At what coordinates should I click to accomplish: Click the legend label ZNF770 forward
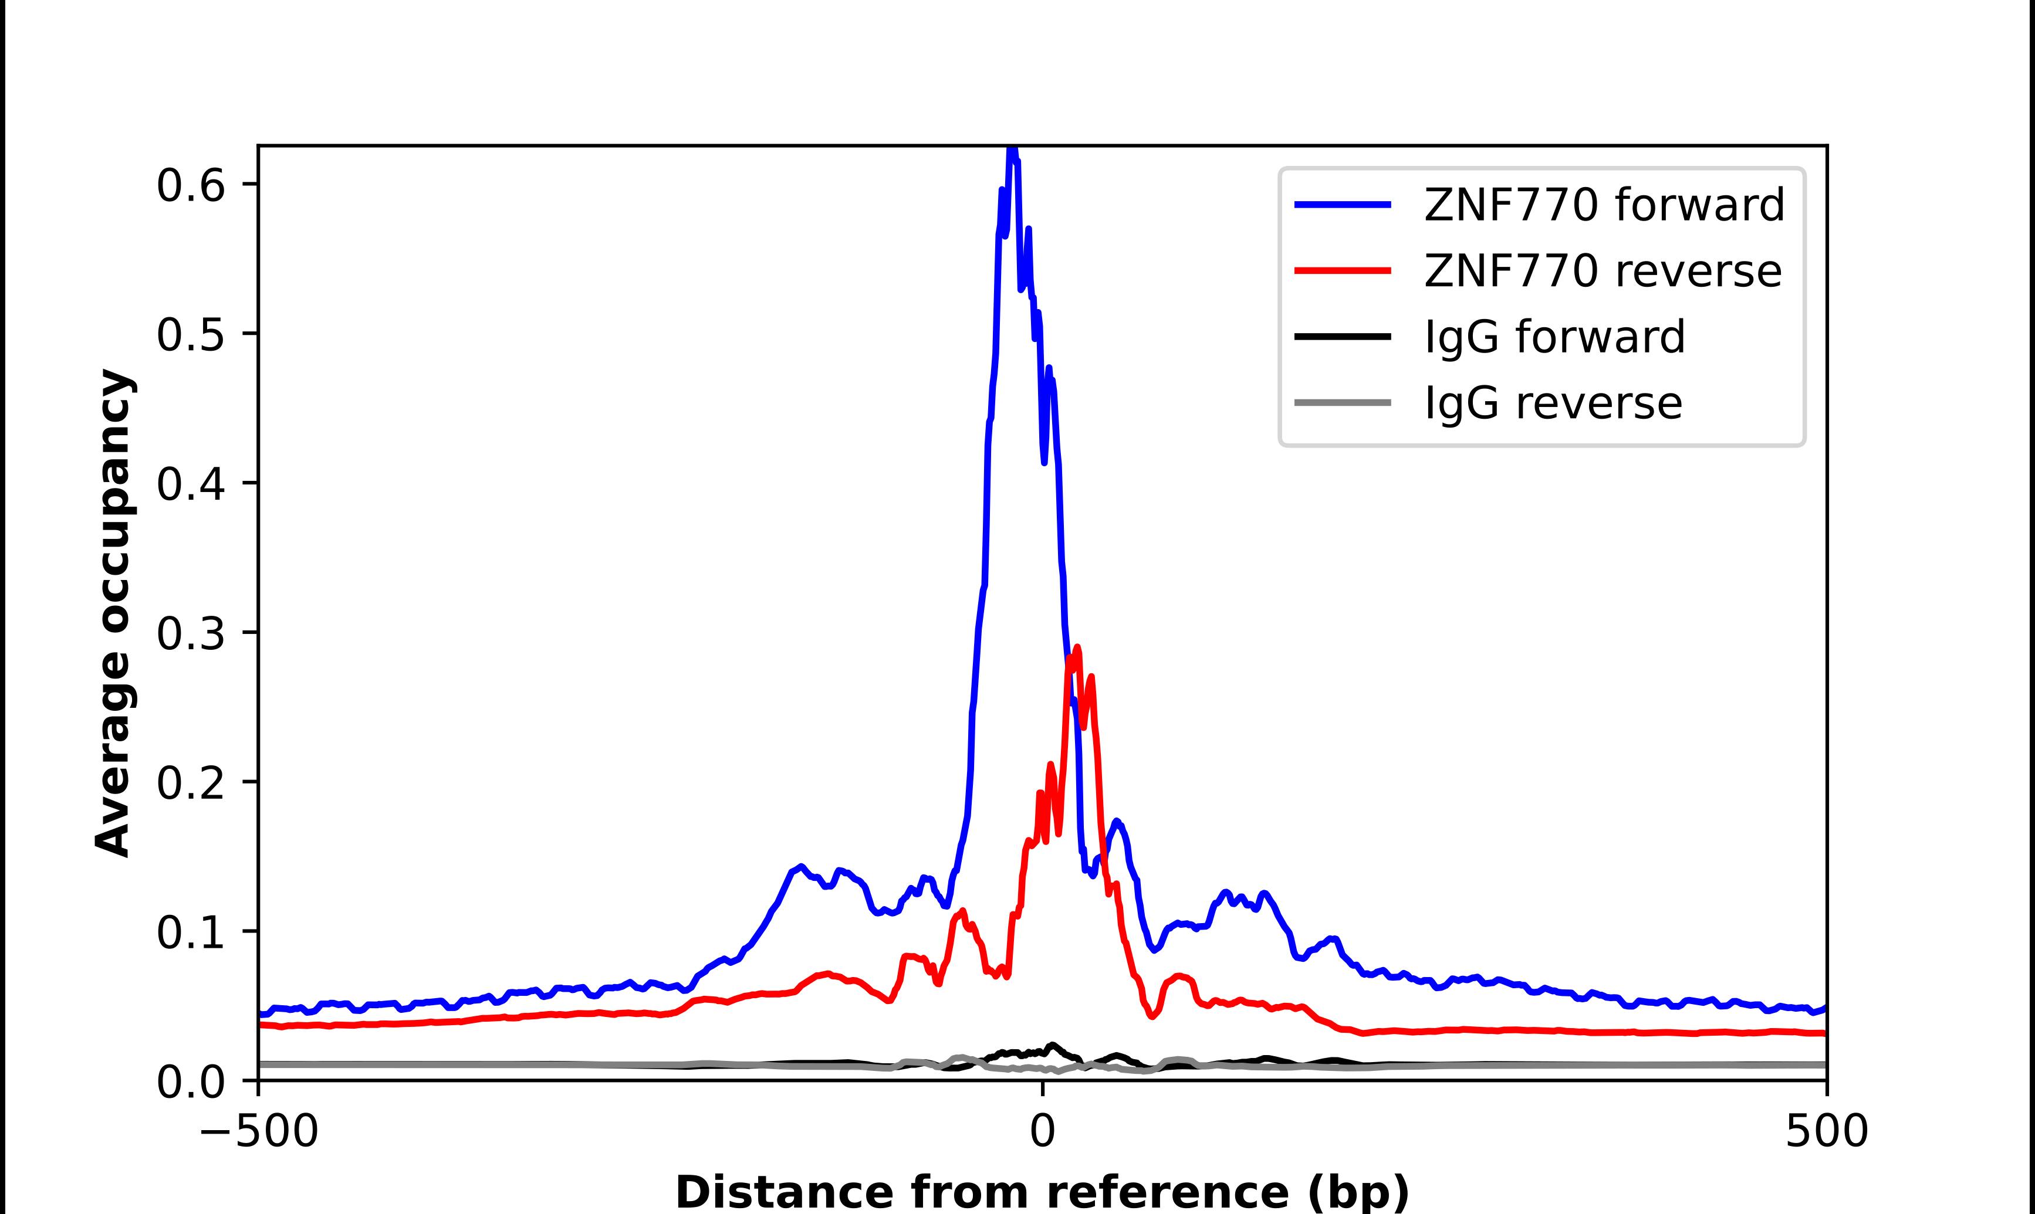point(1604,205)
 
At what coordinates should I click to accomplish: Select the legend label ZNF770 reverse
point(1602,271)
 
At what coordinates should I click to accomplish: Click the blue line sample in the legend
point(1342,205)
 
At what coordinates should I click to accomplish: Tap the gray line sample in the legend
point(1342,402)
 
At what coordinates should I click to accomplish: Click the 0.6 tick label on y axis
point(190,186)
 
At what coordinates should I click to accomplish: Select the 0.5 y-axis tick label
point(190,335)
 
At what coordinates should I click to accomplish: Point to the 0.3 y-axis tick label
point(190,634)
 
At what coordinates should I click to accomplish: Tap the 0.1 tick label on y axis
point(190,932)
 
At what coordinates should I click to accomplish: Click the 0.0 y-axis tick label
point(190,1082)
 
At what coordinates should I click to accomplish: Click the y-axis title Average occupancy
point(113,613)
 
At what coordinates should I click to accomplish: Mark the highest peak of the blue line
point(1012,149)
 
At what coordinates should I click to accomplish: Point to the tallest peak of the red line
point(1077,648)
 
